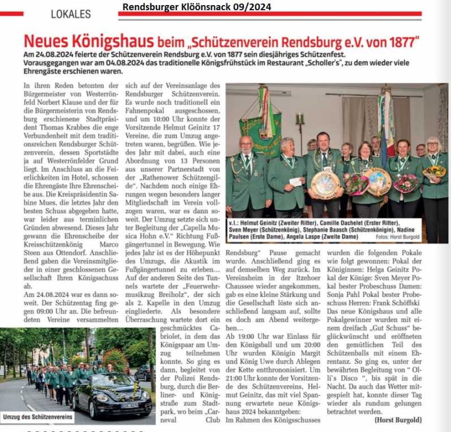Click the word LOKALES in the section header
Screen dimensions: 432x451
(71, 14)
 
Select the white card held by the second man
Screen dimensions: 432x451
(295, 182)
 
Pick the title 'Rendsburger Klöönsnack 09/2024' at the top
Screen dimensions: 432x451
(196, 7)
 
